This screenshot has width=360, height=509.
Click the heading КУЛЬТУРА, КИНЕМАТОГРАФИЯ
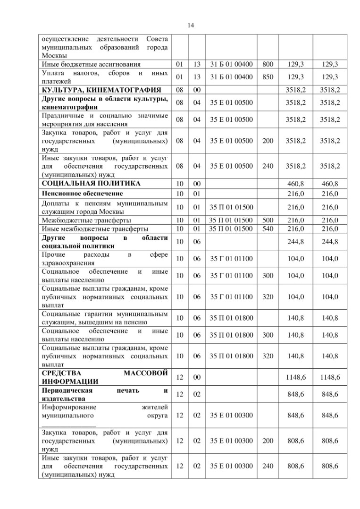point(102,90)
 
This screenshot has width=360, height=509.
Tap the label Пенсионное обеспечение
point(83,194)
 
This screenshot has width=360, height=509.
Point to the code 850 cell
point(268,77)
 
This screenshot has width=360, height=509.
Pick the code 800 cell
point(268,64)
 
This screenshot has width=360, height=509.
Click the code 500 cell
point(268,220)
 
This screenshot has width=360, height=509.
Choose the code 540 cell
point(268,229)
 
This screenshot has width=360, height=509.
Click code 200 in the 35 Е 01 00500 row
point(268,141)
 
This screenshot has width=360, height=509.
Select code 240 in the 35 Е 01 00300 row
point(268,466)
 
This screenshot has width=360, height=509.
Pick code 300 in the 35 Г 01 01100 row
point(268,275)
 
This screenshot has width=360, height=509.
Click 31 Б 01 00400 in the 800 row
point(231,64)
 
